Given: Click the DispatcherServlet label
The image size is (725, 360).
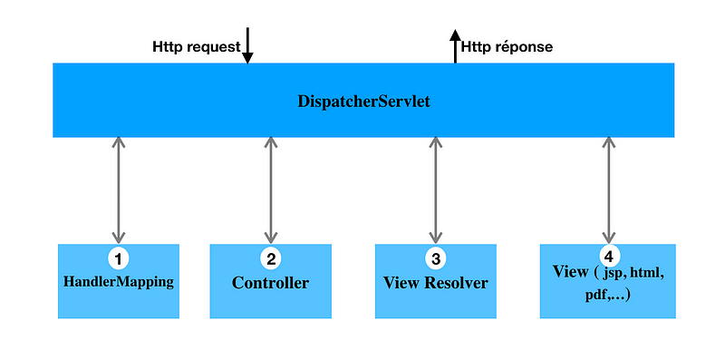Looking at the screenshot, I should [363, 102].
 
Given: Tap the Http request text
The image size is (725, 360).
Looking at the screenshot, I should [195, 46].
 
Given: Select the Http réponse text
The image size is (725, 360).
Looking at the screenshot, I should [507, 46].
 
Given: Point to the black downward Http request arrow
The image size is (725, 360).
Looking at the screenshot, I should [247, 45].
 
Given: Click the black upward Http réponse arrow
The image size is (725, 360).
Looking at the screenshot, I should [456, 45].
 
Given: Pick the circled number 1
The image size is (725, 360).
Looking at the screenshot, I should [118, 258].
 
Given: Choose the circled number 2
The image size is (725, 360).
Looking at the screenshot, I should [270, 258].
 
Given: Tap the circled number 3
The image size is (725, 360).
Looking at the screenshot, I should [436, 258].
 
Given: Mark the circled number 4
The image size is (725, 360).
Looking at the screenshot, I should [608, 256].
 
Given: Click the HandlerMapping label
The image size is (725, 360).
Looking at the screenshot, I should [118, 282].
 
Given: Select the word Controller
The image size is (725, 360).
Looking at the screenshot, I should [270, 283].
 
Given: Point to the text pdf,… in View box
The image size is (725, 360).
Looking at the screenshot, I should [607, 296].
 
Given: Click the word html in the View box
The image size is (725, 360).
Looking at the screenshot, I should [647, 273].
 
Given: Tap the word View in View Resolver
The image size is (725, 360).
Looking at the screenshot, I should [400, 283].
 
